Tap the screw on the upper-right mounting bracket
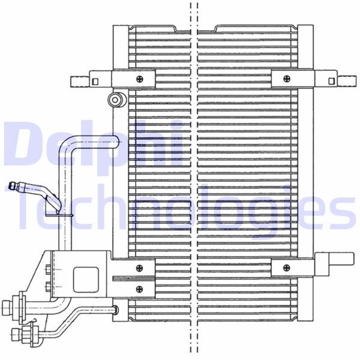[284, 79]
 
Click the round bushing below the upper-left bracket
[115, 99]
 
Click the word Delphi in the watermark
[90, 144]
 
